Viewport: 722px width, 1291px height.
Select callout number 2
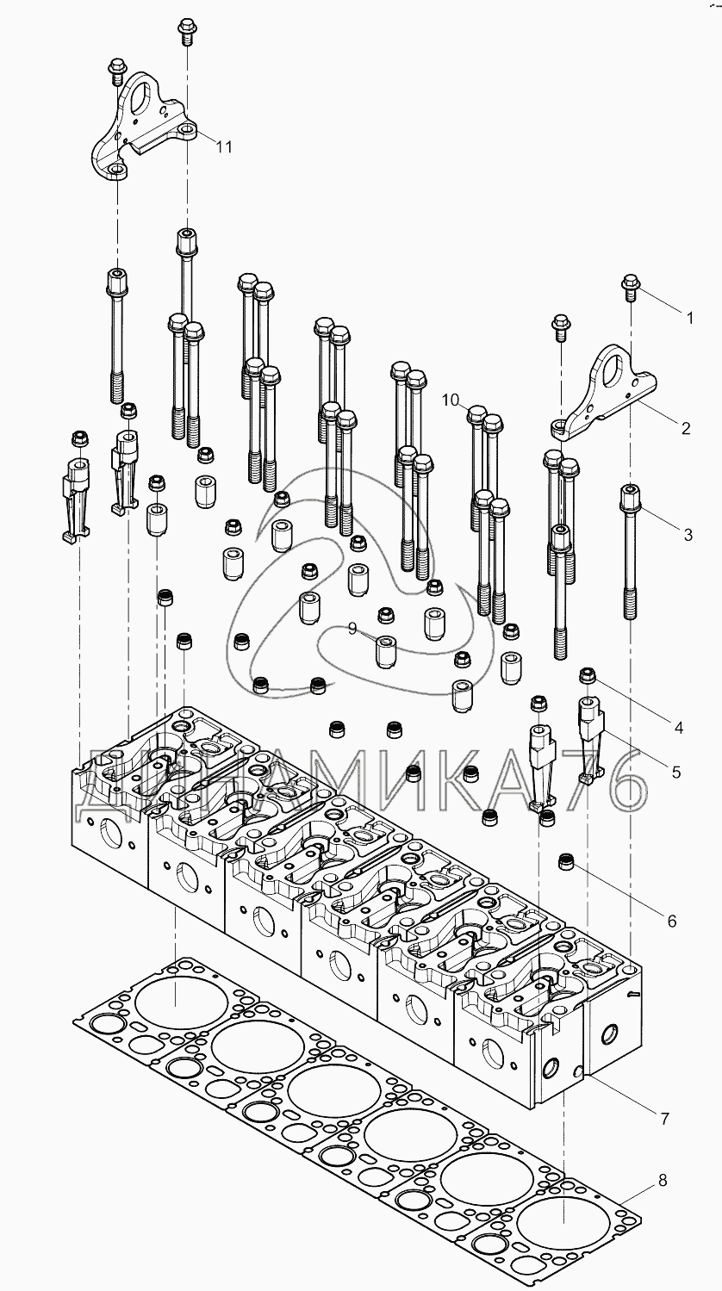click(685, 428)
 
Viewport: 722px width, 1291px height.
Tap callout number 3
click(688, 535)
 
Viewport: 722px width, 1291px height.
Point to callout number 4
click(679, 729)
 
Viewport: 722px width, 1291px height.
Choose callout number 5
click(675, 773)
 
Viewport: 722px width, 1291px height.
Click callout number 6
click(671, 922)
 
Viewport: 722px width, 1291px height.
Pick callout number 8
click(662, 1181)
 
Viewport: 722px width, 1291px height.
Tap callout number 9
click(352, 630)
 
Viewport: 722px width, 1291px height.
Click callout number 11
click(223, 147)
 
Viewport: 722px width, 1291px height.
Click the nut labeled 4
click(588, 676)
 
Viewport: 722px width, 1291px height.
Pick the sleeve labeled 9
click(385, 652)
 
